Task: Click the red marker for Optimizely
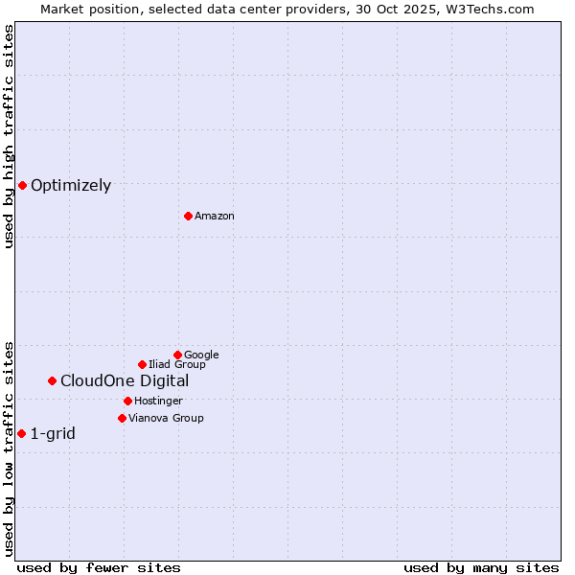click(x=22, y=185)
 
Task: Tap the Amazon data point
click(x=188, y=216)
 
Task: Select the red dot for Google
click(x=177, y=355)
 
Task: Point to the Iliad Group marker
click(x=142, y=364)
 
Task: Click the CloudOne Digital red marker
click(x=52, y=380)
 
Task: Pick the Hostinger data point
click(x=127, y=401)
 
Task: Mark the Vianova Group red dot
click(x=122, y=418)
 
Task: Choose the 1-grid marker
click(x=21, y=433)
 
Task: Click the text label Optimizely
click(x=71, y=186)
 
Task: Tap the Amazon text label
click(x=215, y=217)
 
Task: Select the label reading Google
click(x=201, y=356)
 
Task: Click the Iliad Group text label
click(x=177, y=365)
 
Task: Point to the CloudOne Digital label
click(x=125, y=381)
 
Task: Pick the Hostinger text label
click(x=158, y=402)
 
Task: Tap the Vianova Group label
click(x=166, y=419)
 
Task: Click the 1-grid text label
click(x=53, y=434)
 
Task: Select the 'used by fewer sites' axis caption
click(x=99, y=567)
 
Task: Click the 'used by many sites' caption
click(x=481, y=567)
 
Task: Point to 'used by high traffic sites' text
click(x=10, y=136)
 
